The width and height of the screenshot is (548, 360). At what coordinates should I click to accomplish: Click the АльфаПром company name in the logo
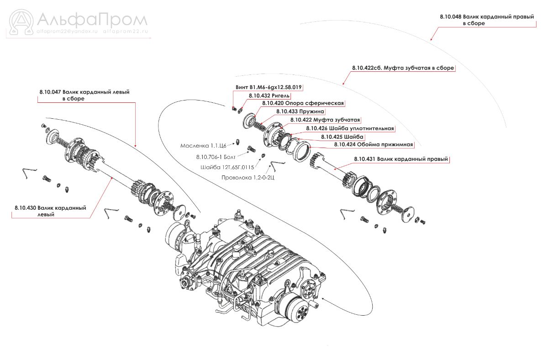pos(91,20)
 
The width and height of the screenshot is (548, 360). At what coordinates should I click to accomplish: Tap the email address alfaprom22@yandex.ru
pos(67,32)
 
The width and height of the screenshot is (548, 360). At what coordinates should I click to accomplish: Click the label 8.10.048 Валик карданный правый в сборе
pos(487,20)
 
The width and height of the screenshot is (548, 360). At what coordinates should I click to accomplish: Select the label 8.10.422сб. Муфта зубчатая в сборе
pos(403,68)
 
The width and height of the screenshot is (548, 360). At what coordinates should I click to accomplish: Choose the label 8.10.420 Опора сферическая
pos(303,103)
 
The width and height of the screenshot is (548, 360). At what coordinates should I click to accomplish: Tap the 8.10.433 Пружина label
pos(300,111)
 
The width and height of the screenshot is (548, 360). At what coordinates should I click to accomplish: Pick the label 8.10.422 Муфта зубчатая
pos(325,120)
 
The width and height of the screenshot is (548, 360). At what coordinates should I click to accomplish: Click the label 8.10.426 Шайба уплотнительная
pos(350,128)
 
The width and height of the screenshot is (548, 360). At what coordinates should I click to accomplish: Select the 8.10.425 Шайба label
pos(342,137)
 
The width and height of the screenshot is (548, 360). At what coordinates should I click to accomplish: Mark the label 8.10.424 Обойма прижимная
pos(374,144)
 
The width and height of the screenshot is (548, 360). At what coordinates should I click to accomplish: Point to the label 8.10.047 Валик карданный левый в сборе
pos(84,95)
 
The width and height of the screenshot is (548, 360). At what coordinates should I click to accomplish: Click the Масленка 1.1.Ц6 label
pos(203,146)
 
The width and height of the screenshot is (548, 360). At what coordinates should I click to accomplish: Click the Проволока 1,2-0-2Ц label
pos(248,177)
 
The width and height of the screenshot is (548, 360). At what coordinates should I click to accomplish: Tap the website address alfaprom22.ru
pos(126,32)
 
